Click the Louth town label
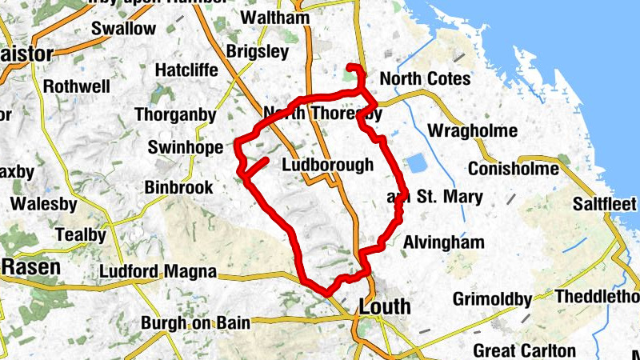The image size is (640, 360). [x=385, y=306]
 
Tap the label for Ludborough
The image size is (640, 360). [x=328, y=166]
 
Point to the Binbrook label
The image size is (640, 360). [x=179, y=187]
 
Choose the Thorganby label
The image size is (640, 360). [x=175, y=115]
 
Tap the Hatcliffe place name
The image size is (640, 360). [x=186, y=70]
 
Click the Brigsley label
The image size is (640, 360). [x=257, y=51]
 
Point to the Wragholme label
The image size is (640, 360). [x=473, y=130]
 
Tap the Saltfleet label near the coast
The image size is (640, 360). [x=606, y=204]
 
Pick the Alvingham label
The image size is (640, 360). [x=444, y=242]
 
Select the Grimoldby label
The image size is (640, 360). [x=492, y=300]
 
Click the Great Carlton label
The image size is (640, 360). [x=524, y=350]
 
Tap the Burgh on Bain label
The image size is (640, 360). [x=195, y=323]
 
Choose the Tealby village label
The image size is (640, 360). [x=80, y=235]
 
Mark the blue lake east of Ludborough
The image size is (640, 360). [x=416, y=164]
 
